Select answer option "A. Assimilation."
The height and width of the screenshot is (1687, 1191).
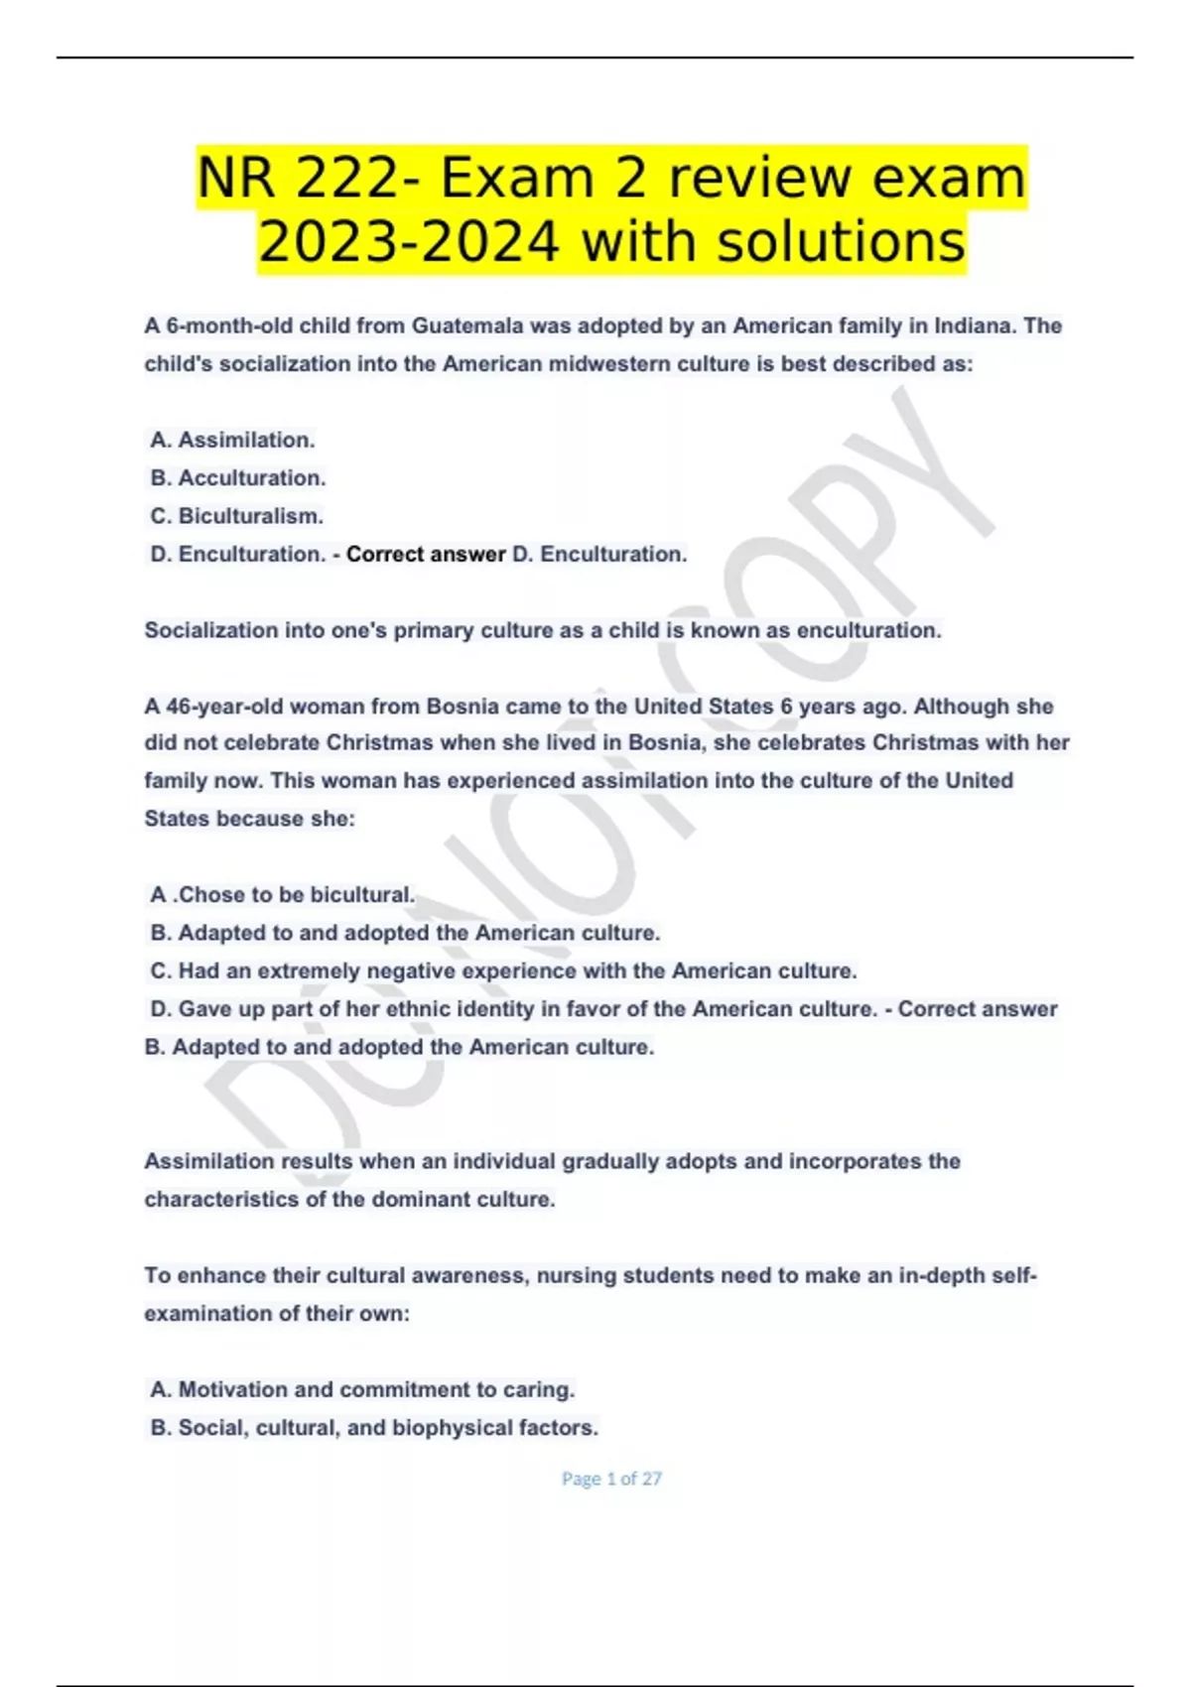[x=232, y=440]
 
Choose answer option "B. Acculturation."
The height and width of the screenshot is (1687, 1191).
[x=238, y=478]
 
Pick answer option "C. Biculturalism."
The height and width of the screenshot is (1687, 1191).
[x=236, y=516]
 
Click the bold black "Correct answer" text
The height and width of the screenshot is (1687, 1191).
[x=426, y=555]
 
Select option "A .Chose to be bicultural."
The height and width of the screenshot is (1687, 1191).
[x=283, y=895]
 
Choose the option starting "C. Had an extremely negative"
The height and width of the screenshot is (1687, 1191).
[x=503, y=971]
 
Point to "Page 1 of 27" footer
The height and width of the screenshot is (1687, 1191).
[x=611, y=1479]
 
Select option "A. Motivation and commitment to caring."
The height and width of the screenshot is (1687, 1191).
[x=362, y=1389]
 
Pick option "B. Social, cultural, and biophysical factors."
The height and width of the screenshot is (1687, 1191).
[x=374, y=1428]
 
